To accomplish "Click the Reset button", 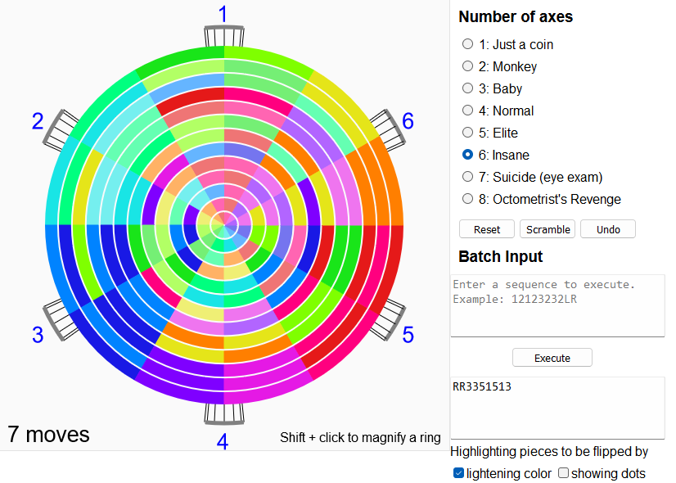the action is (x=487, y=229).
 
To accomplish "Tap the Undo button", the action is (x=608, y=229).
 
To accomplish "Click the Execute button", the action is (x=552, y=358).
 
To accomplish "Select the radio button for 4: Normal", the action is (x=467, y=111).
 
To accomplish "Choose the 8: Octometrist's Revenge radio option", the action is (x=467, y=199).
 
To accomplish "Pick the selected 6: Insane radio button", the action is (x=467, y=155).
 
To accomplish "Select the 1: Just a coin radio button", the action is (x=467, y=44).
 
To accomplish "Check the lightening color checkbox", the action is (x=458, y=473).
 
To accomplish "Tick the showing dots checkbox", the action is (x=564, y=473).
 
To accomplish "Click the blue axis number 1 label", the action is (x=223, y=14).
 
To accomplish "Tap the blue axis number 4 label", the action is (x=223, y=441).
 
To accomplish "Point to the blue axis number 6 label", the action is (x=408, y=121).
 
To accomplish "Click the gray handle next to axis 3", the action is (x=61, y=319).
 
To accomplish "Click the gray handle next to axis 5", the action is (x=388, y=319).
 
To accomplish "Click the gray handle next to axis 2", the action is (x=61, y=130).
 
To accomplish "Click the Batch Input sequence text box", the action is (x=557, y=305).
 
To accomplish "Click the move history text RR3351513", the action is (x=482, y=386).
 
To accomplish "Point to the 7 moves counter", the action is (x=48, y=434).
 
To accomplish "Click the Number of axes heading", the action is (x=516, y=17).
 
